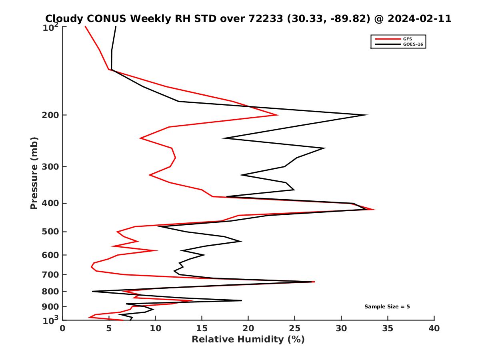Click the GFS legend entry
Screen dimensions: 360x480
pos(408,39)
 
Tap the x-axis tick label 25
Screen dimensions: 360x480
pos(295,329)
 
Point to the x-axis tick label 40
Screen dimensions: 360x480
pos(434,329)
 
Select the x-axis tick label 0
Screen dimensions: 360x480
pos(63,329)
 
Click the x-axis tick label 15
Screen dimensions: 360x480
pos(202,329)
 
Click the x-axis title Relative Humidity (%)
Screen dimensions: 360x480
pos(248,340)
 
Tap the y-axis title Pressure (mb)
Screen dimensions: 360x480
pos(34,173)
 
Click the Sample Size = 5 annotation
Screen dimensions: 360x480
pos(387,307)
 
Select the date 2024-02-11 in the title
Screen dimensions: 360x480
pos(418,18)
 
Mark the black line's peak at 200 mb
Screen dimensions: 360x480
pos(367,115)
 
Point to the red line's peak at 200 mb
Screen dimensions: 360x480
pos(278,115)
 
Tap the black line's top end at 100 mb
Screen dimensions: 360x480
pos(116,26)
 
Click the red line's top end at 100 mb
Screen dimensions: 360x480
pos(85,26)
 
